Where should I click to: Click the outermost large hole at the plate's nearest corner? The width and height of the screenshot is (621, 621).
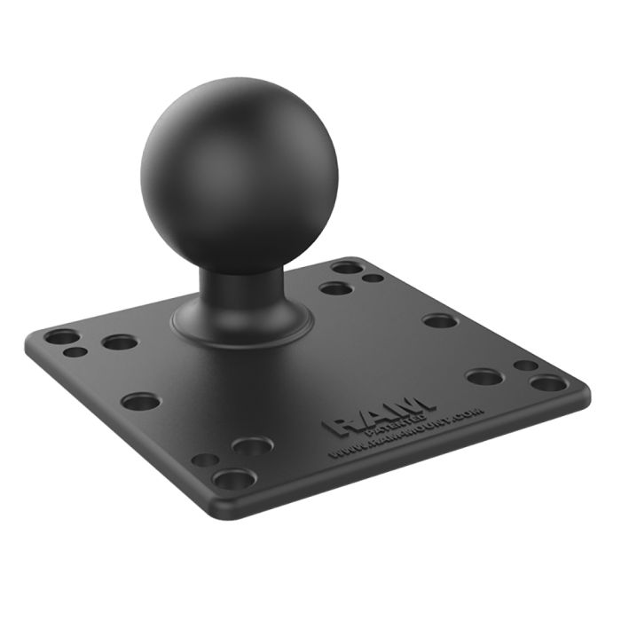click(233, 480)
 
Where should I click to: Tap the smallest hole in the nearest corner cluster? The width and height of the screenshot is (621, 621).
click(205, 460)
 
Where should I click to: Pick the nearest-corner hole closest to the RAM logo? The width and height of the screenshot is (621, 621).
click(252, 447)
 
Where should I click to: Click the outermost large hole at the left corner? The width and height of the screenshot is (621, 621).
click(61, 337)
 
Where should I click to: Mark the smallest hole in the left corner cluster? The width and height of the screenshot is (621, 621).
click(76, 352)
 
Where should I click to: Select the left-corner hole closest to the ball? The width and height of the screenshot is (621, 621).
click(119, 342)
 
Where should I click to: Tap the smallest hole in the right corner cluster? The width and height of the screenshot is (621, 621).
click(525, 365)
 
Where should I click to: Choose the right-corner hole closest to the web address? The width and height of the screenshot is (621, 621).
click(484, 377)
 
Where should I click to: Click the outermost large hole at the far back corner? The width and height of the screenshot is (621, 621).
click(347, 266)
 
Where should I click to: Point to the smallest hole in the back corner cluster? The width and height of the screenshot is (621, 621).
click(373, 278)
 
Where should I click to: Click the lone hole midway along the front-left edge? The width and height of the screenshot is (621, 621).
click(140, 401)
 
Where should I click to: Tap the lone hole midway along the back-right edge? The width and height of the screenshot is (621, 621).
click(439, 320)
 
